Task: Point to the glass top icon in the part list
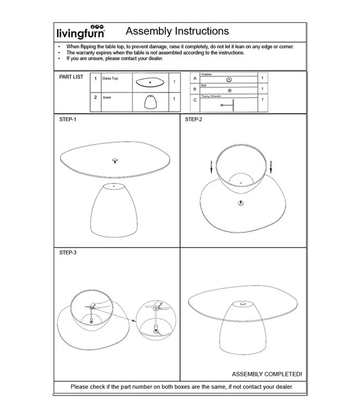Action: pyautogui.click(x=150, y=82)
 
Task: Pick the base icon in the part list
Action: pyautogui.click(x=150, y=102)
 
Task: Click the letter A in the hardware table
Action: pyautogui.click(x=194, y=79)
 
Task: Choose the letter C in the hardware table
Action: pyautogui.click(x=194, y=100)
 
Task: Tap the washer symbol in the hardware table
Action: pyautogui.click(x=229, y=80)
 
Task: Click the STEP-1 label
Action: pyautogui.click(x=69, y=120)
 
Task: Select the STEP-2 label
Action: pyautogui.click(x=194, y=120)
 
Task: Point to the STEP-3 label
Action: pyautogui.click(x=69, y=252)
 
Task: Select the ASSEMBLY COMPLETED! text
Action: pyautogui.click(x=263, y=374)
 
